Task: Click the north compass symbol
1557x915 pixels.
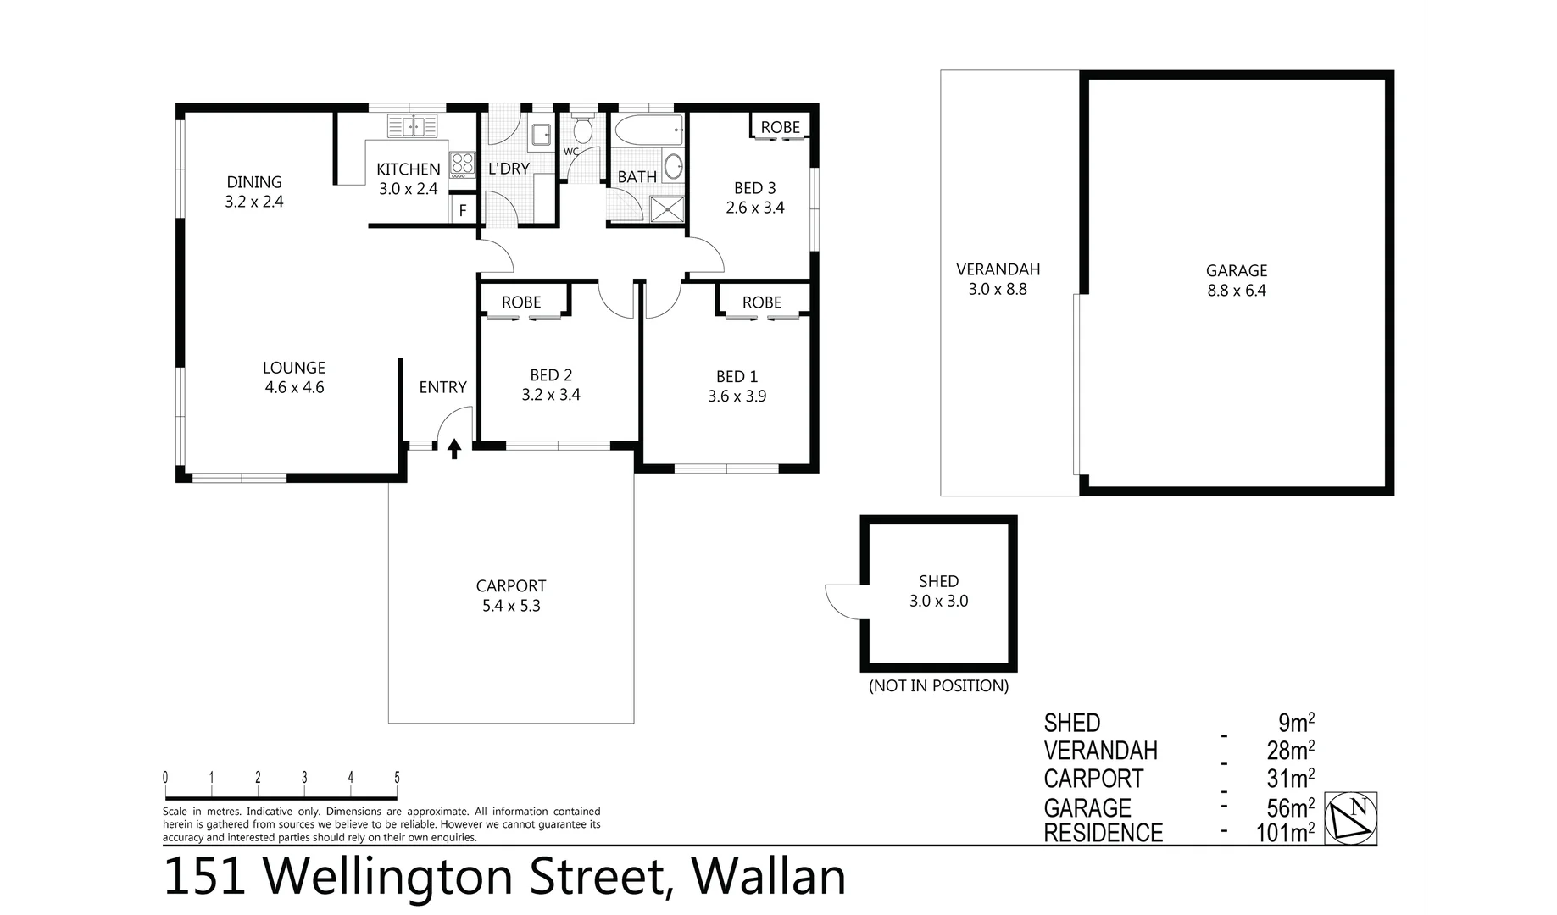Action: point(1350,818)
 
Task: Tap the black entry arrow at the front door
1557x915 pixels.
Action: point(454,448)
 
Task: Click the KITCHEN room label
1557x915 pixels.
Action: point(409,169)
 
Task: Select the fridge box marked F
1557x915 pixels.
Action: point(463,210)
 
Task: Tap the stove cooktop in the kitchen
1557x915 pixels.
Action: point(462,164)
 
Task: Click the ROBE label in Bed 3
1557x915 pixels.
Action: point(780,127)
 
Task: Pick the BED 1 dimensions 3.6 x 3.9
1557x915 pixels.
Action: point(737,396)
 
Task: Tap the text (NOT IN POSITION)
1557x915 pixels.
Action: point(938,685)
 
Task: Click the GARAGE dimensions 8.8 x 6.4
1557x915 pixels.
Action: point(1237,291)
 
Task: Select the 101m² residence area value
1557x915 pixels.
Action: point(1284,833)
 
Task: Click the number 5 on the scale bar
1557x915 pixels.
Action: point(397,778)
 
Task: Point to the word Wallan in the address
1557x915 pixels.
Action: point(770,877)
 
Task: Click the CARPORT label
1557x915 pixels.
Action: point(510,585)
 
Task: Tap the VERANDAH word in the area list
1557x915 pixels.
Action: point(1100,751)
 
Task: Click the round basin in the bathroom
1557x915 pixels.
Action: point(673,166)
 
